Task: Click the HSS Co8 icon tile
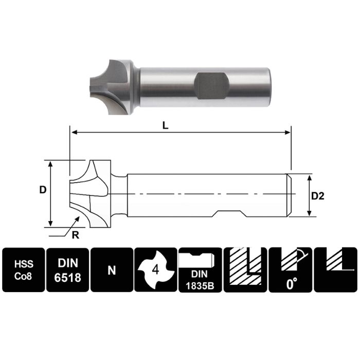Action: tap(24, 270)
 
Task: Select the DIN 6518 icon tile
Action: tap(67, 270)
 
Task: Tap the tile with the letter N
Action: tap(112, 270)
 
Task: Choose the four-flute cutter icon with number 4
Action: tap(156, 270)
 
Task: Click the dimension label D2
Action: tap(318, 195)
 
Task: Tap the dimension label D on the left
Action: tap(43, 189)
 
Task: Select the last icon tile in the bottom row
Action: tap(335, 270)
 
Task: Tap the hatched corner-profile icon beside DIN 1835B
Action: tap(245, 270)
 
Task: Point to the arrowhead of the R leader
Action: tap(79, 218)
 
